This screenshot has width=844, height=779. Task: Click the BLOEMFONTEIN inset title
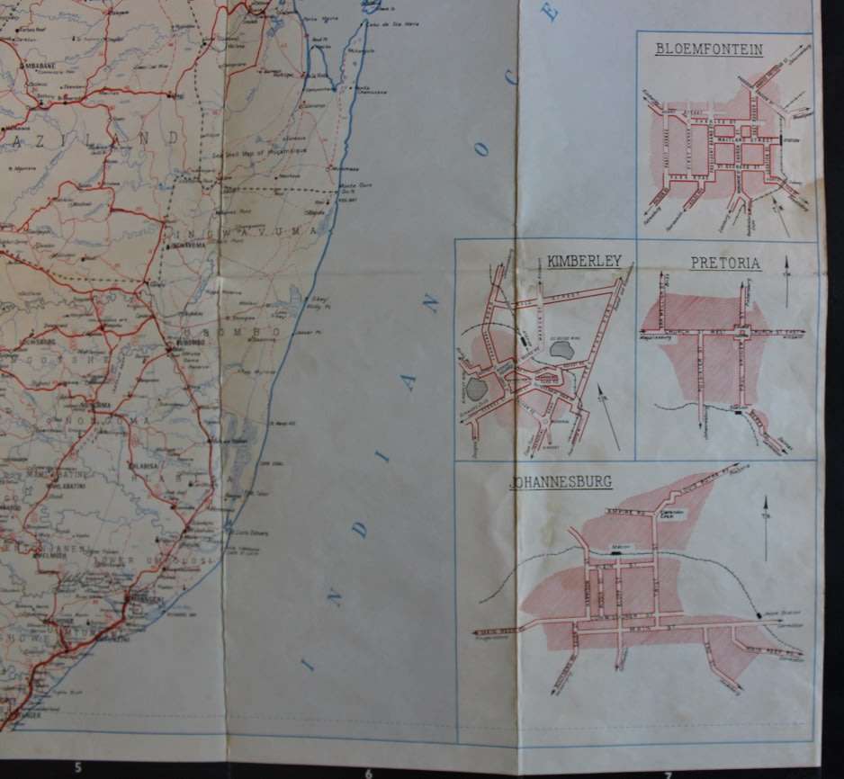tap(710, 50)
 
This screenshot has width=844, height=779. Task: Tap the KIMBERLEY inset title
tap(584, 261)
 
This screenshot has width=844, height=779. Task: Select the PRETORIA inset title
tap(725, 264)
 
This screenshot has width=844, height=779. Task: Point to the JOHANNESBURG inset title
tap(561, 482)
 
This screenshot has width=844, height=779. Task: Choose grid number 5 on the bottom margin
tap(78, 767)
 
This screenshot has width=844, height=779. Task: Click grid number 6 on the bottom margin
tap(369, 772)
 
